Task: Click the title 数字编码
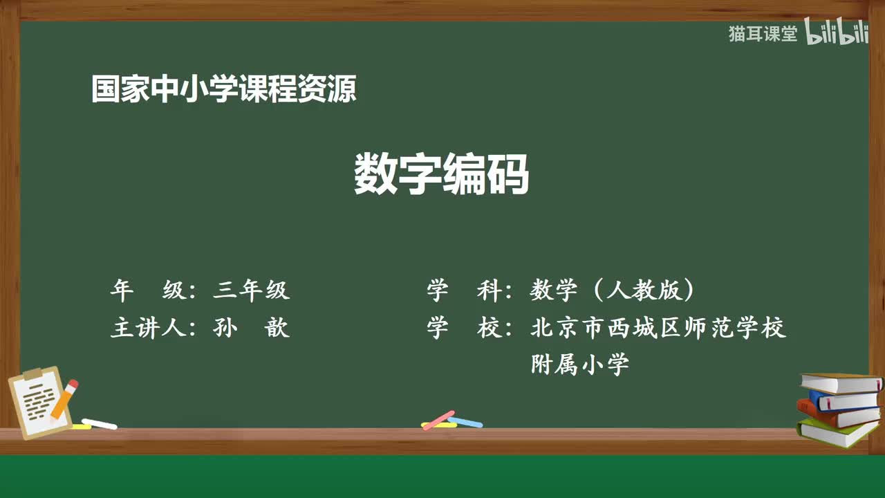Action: click(x=441, y=174)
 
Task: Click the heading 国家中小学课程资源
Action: click(x=223, y=90)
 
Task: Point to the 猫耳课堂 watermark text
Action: click(x=763, y=34)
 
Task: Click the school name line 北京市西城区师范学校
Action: click(x=658, y=327)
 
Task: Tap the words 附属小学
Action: click(x=579, y=364)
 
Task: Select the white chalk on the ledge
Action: click(x=99, y=423)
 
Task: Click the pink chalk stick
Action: click(x=438, y=420)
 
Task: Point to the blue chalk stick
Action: click(x=465, y=421)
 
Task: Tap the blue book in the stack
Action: click(x=844, y=400)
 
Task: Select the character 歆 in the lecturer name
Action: click(x=277, y=327)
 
